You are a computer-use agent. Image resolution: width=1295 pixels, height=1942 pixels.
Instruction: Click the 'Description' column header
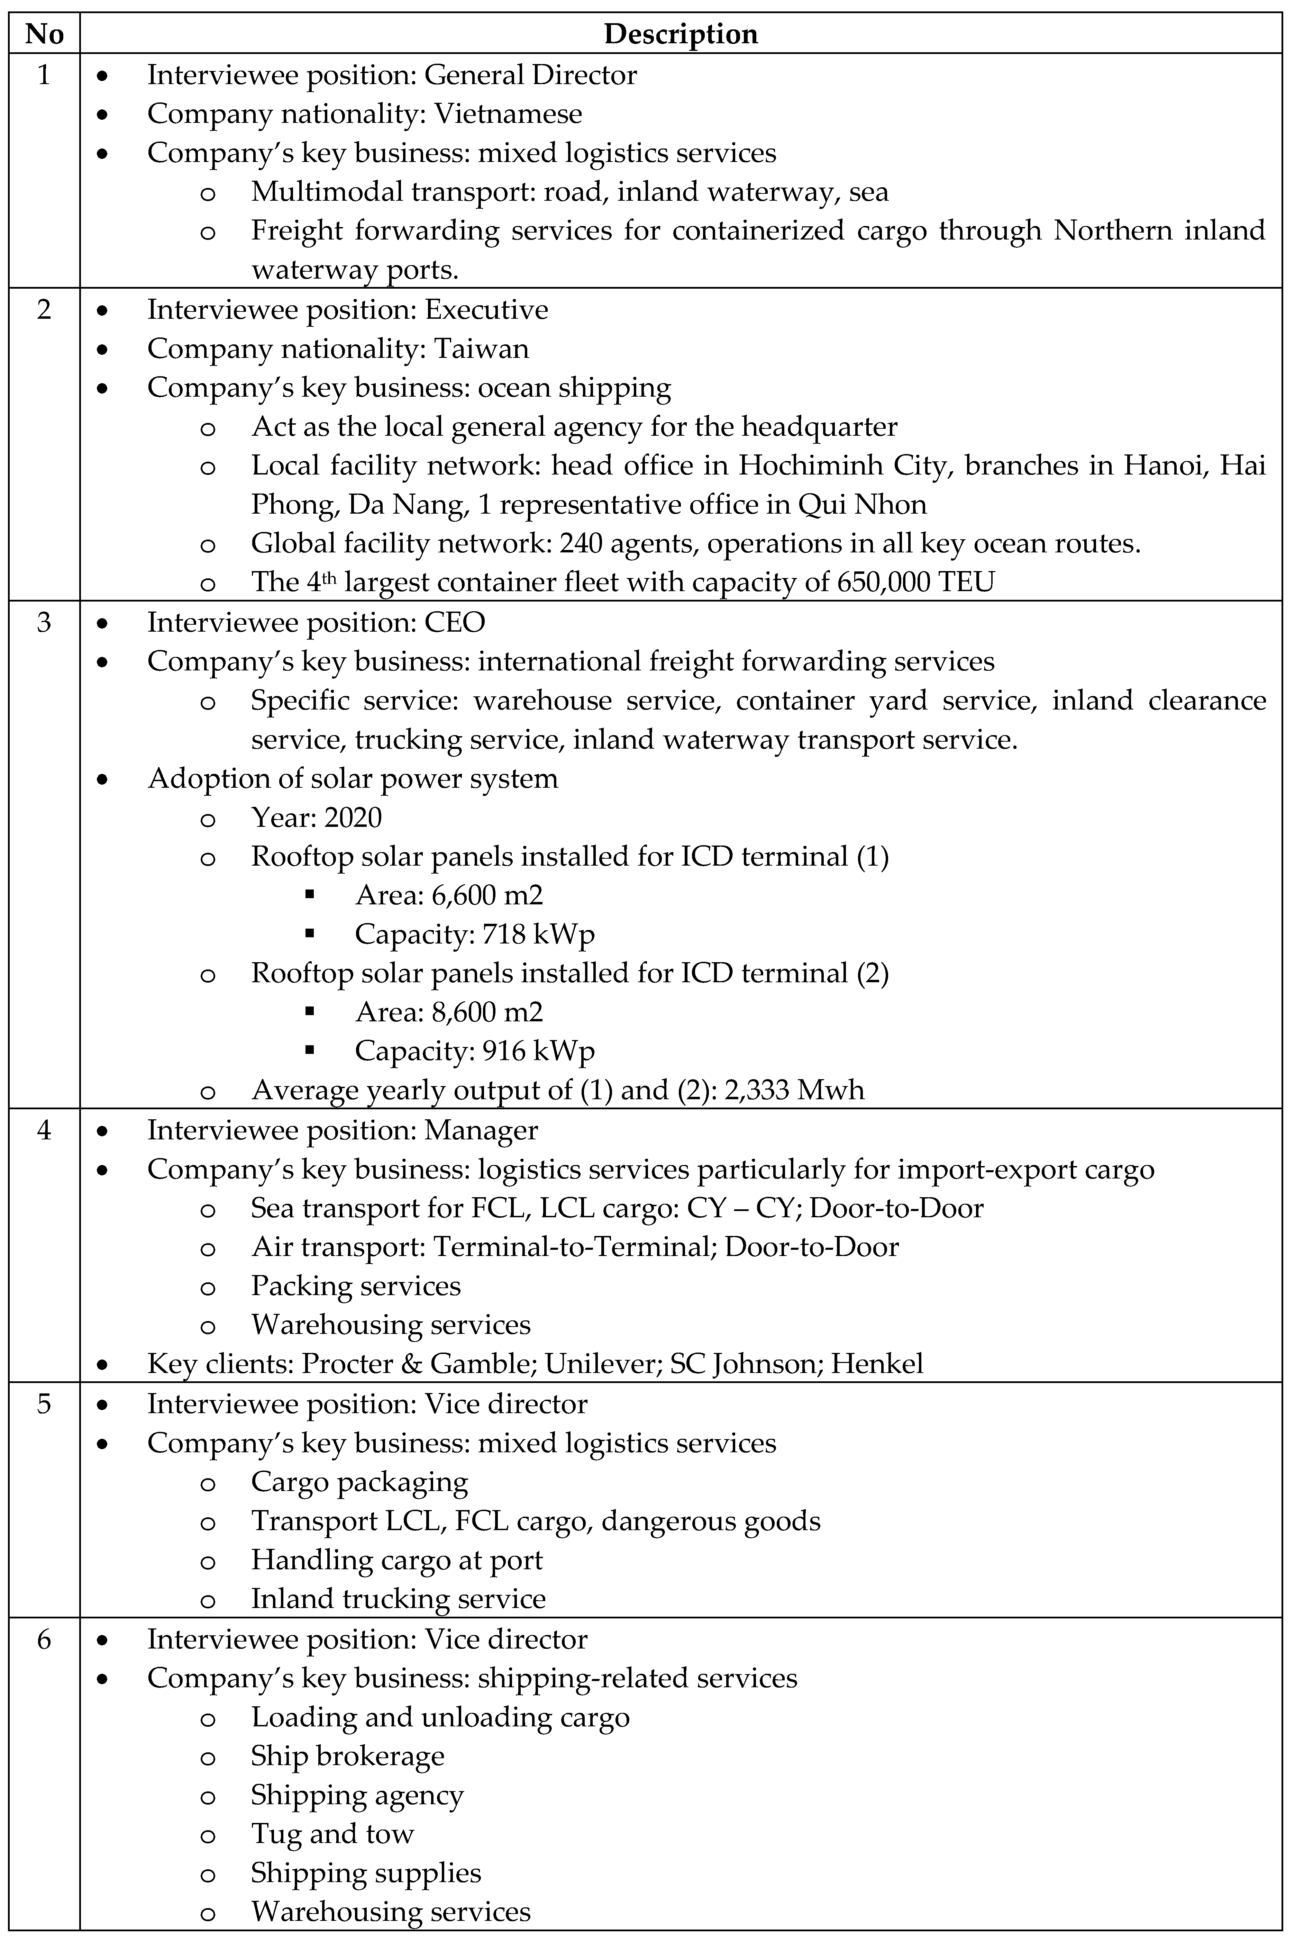(681, 34)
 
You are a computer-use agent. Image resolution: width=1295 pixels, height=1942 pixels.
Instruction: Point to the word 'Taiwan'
(482, 349)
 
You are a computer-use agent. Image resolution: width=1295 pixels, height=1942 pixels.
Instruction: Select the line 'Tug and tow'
(332, 1834)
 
